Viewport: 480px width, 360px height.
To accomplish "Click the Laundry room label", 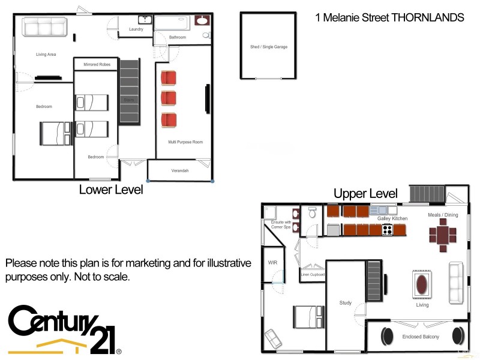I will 136,29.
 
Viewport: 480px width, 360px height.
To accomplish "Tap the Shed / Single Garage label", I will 268,47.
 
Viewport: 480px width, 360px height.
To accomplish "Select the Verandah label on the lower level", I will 180,171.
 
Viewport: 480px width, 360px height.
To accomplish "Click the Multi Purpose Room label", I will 185,142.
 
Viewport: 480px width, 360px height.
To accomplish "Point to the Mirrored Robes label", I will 95,64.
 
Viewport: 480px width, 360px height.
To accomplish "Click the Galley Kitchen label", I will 392,218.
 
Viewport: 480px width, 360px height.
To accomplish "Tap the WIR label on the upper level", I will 272,262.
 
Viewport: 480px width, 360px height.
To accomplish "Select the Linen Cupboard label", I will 313,274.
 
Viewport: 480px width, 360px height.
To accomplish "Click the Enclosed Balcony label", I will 421,337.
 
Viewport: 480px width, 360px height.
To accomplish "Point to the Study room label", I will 345,303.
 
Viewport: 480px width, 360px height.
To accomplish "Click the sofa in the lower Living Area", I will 44,27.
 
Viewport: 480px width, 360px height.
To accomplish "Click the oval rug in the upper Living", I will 422,283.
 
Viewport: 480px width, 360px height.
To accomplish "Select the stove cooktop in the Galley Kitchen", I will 387,229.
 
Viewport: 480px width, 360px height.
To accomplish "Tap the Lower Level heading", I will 111,190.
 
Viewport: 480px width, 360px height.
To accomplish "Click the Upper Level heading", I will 365,193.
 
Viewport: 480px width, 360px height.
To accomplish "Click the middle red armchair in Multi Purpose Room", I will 169,98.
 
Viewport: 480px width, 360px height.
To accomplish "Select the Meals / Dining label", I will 443,215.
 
